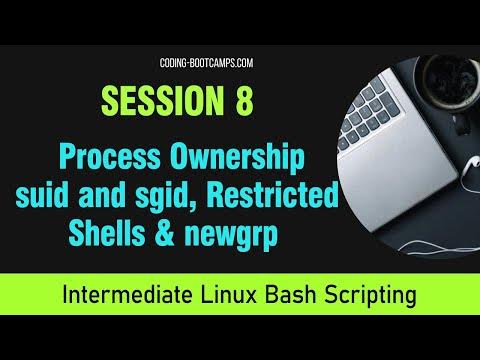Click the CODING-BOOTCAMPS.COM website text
(204, 62)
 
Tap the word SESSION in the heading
(161, 101)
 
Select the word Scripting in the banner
(370, 298)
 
